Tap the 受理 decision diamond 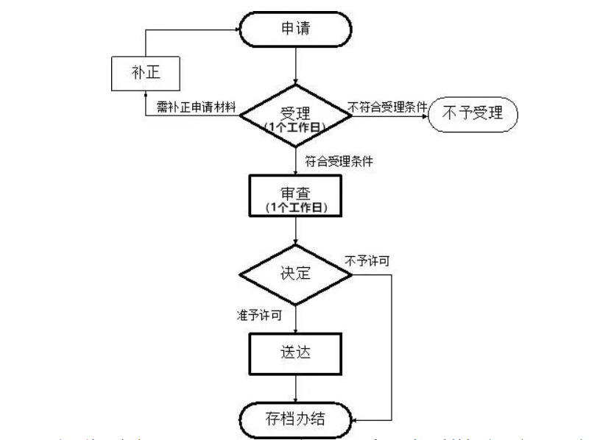(x=295, y=116)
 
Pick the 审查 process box (x=295, y=196)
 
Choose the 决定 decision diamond (x=295, y=273)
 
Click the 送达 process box (x=295, y=351)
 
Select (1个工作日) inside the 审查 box (x=295, y=208)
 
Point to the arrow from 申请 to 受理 (x=295, y=66)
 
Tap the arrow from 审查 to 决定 (x=295, y=234)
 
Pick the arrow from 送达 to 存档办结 (x=295, y=388)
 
